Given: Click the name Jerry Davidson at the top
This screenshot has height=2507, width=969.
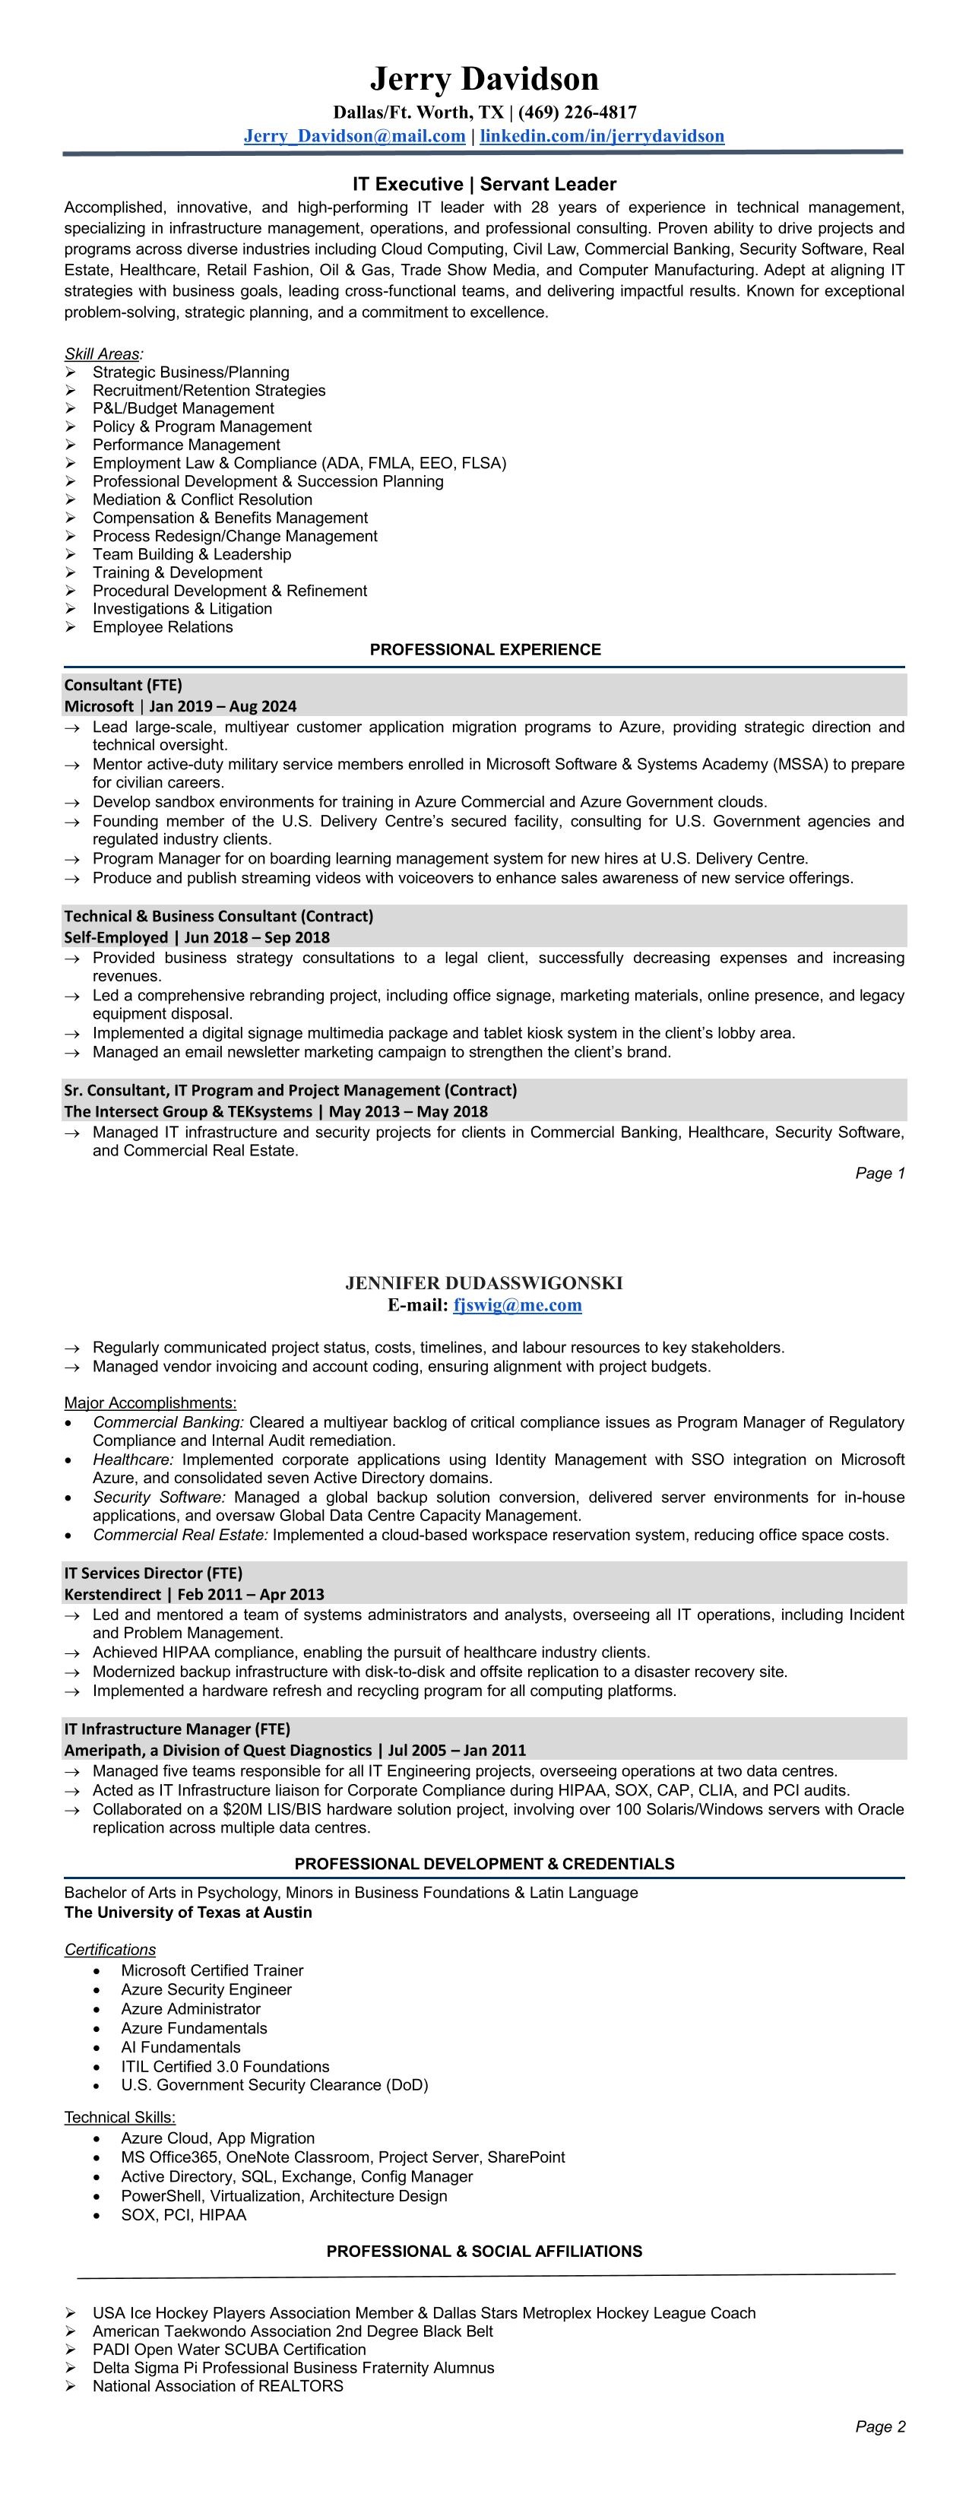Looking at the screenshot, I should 483,79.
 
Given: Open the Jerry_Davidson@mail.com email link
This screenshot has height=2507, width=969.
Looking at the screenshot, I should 354,135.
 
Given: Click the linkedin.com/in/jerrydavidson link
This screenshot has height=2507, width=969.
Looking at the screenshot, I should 601,135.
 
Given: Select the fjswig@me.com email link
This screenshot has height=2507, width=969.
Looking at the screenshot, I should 518,1305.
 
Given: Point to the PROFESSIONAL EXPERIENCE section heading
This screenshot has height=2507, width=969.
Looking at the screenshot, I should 485,649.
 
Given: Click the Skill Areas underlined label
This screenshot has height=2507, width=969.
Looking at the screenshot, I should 102,354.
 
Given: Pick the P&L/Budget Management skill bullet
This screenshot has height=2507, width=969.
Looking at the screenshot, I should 183,409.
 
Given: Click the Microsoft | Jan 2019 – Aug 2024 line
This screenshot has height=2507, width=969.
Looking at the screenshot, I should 180,705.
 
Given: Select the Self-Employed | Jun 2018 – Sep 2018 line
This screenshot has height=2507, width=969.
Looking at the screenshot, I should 197,937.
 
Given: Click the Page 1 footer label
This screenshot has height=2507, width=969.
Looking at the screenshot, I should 879,1173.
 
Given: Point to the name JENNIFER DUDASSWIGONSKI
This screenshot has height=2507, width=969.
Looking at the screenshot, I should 483,1282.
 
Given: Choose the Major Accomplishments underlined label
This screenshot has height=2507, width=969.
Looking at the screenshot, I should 150,1402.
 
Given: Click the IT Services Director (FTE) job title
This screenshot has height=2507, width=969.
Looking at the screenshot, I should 153,1573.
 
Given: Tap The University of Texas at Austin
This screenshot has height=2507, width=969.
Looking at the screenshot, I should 188,1913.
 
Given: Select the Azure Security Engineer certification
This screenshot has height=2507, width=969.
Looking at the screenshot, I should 206,1989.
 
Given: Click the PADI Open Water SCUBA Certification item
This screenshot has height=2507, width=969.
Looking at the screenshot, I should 229,2350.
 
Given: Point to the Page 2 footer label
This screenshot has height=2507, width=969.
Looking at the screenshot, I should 879,2426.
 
